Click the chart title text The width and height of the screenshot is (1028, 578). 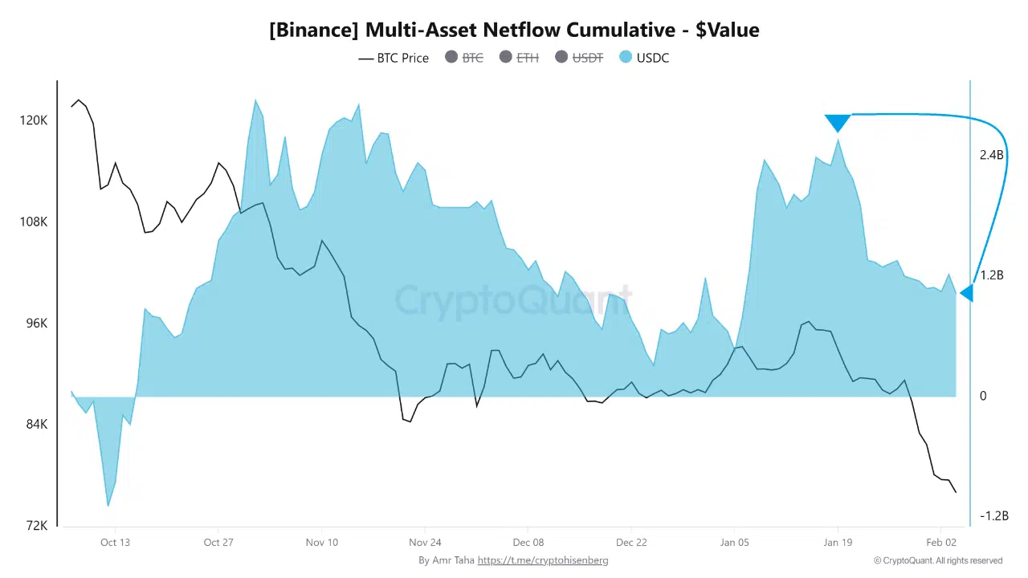pos(514,31)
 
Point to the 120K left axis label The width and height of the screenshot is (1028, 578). pos(34,120)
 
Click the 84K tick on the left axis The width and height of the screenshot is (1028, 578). pos(34,425)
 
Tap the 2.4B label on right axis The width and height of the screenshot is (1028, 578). pos(992,155)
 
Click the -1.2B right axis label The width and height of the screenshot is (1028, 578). pos(993,515)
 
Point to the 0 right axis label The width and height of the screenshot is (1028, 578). pos(983,396)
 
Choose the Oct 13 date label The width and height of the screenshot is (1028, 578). pos(115,543)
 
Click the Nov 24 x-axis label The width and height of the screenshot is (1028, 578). pos(425,543)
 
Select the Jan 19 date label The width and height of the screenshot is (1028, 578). pos(838,543)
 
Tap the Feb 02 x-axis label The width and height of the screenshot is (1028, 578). pos(940,543)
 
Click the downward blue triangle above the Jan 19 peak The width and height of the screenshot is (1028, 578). pos(838,122)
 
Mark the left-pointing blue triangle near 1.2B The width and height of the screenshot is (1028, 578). pos(967,294)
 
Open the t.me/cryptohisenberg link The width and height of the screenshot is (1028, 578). pos(543,560)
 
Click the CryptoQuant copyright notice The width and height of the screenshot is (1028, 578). pos(938,560)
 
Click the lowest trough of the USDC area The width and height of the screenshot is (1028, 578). pos(108,505)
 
